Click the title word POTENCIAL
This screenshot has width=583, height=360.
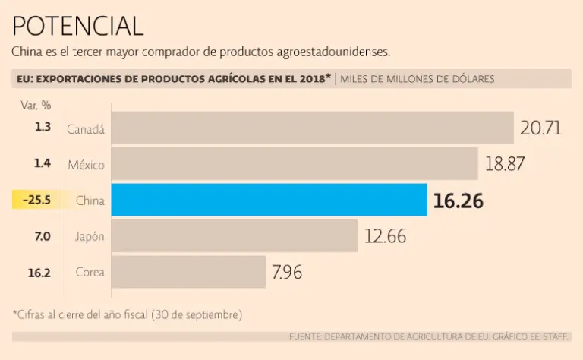click(77, 26)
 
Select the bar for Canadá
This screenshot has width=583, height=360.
click(312, 128)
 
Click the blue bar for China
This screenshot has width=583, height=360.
click(269, 200)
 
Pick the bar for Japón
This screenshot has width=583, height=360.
click(235, 235)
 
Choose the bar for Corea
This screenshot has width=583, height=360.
click(189, 272)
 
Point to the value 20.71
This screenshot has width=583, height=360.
click(540, 128)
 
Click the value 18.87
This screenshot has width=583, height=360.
click(505, 163)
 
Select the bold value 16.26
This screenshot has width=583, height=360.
click(458, 201)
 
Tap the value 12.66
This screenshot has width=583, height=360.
click(385, 236)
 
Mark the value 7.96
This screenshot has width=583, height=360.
click(286, 272)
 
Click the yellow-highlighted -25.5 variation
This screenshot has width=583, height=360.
click(36, 201)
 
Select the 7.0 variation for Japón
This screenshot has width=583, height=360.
click(42, 236)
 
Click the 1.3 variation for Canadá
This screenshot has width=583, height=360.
click(43, 127)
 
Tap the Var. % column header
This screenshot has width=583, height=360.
click(36, 105)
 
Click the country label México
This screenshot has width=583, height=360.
click(86, 164)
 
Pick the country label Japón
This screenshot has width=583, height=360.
click(90, 236)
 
